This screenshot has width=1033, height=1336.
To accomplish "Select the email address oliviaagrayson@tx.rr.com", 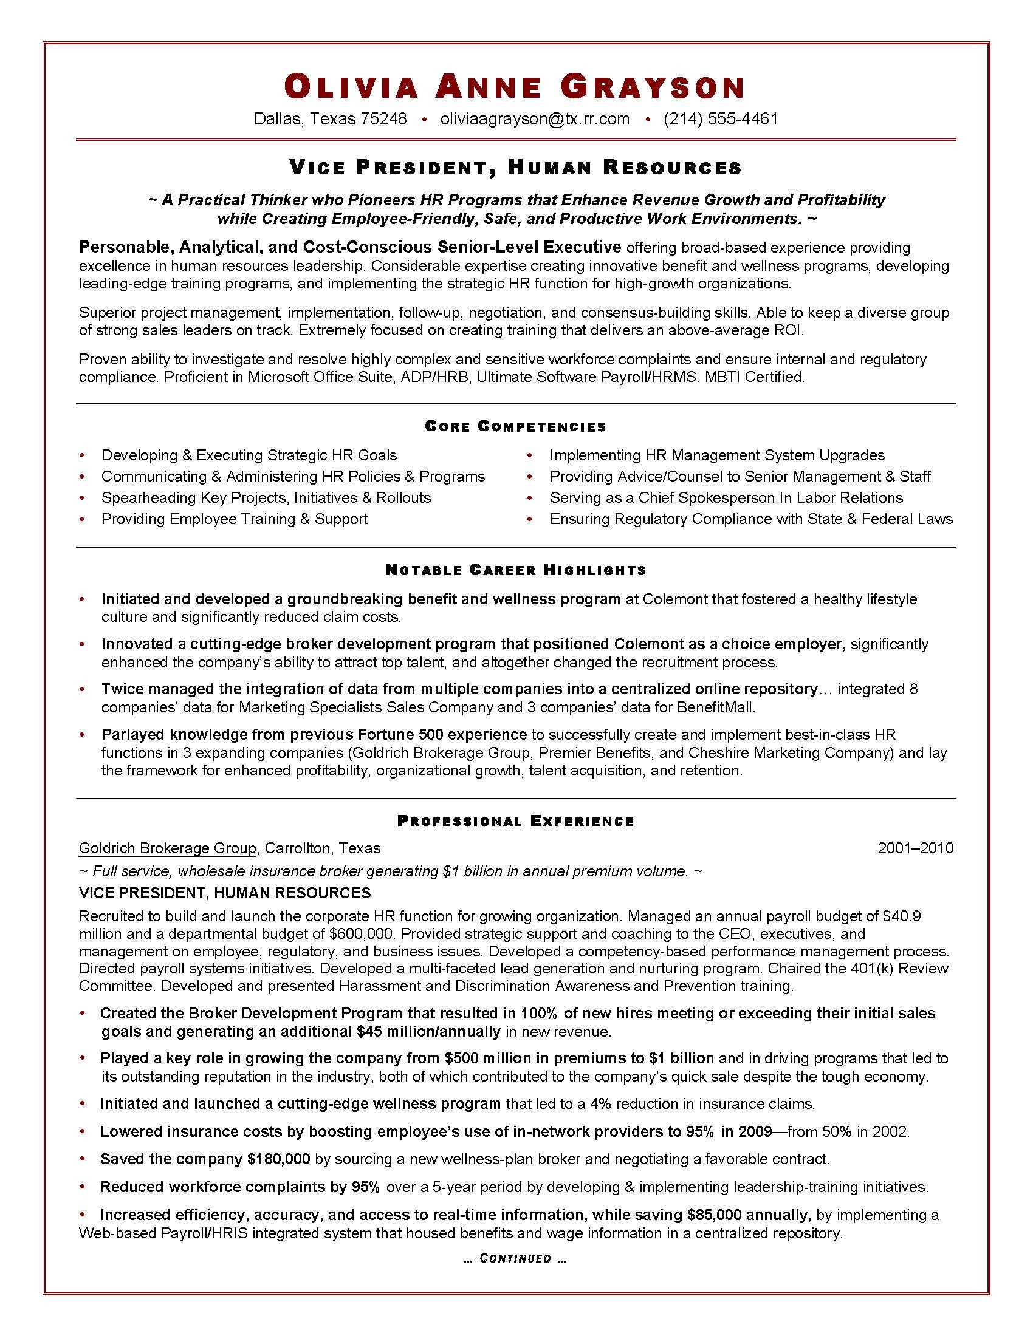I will pyautogui.click(x=534, y=118).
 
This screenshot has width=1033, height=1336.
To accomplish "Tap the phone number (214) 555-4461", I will pyautogui.click(x=720, y=118).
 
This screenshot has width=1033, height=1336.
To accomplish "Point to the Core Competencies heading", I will pyautogui.click(x=515, y=426).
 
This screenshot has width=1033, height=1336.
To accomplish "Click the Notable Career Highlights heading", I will pyautogui.click(x=515, y=570).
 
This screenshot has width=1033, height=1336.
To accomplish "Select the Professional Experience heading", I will pyautogui.click(x=515, y=822).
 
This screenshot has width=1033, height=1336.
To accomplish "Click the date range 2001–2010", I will pyautogui.click(x=915, y=848).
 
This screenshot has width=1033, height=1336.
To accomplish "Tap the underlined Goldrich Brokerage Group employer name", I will pyautogui.click(x=167, y=848).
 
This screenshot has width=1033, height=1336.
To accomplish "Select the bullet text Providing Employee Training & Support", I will pyautogui.click(x=235, y=519).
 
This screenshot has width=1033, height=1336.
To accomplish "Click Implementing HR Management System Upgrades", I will pyautogui.click(x=716, y=455).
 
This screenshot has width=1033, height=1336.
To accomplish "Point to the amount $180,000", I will pyautogui.click(x=278, y=1159).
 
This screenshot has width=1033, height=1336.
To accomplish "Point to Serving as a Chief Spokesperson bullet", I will pyautogui.click(x=726, y=498).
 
